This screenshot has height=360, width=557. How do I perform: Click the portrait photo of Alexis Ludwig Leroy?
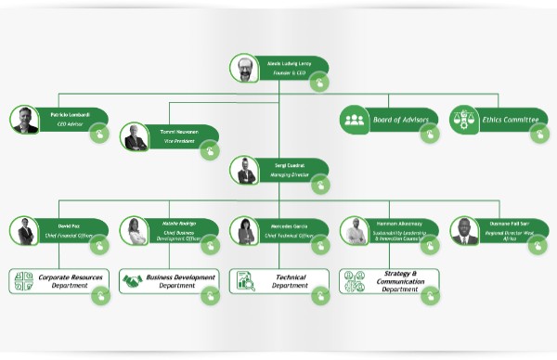click(x=243, y=69)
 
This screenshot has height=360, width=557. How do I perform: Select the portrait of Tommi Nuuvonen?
click(x=136, y=137)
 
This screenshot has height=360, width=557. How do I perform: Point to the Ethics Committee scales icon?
click(x=463, y=119)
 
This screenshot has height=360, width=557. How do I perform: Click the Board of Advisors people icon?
click(x=354, y=119)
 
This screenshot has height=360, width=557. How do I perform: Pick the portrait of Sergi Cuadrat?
click(x=246, y=171)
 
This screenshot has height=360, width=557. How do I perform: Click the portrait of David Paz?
click(x=25, y=231)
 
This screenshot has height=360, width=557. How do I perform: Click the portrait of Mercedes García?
click(x=245, y=231)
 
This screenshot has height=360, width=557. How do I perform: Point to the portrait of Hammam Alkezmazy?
click(x=354, y=231)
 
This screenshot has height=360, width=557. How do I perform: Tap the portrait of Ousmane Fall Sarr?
click(x=464, y=231)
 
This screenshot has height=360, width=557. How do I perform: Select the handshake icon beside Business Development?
click(x=133, y=280)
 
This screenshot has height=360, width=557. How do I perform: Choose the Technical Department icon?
click(x=245, y=280)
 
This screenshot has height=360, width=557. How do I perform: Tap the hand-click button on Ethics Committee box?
click(x=538, y=134)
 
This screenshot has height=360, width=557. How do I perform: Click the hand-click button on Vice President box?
click(x=210, y=149)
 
